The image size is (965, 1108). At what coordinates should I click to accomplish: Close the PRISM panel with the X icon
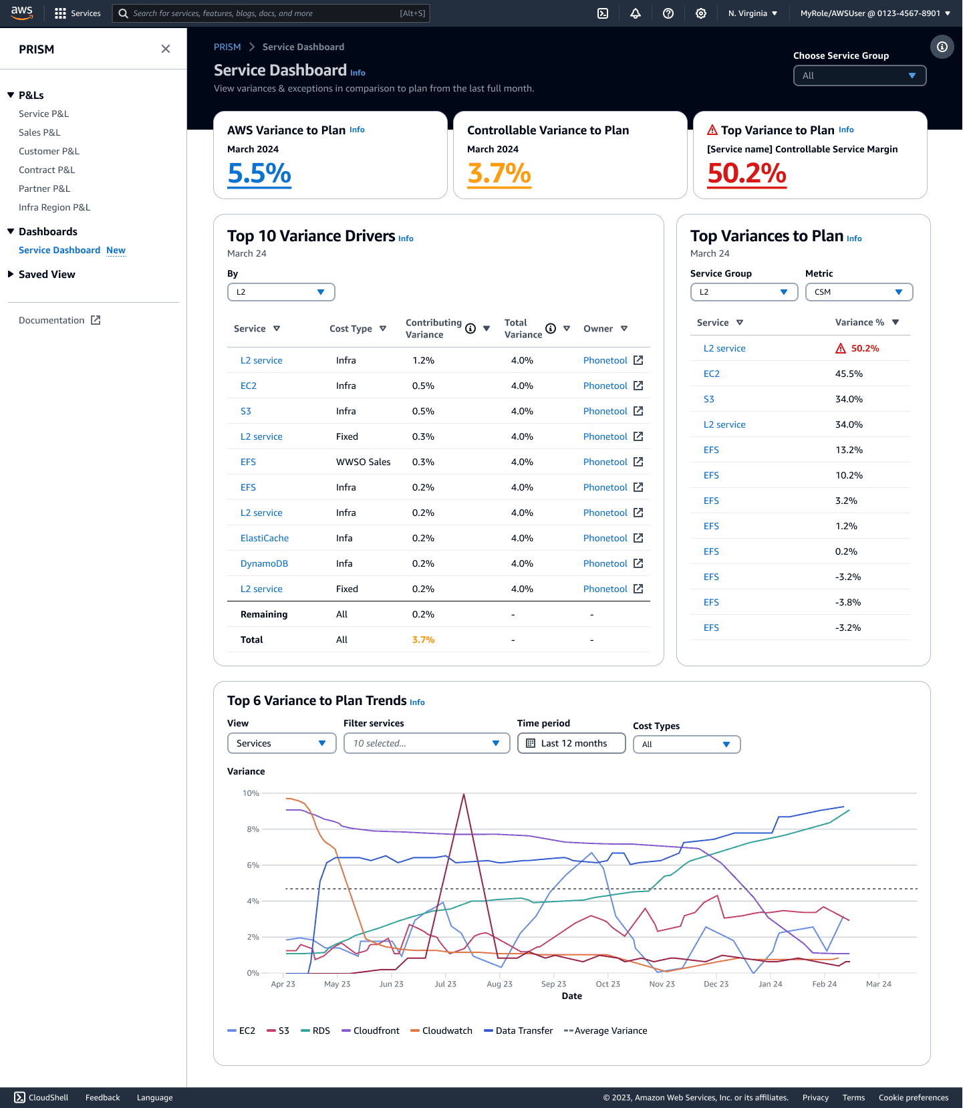coord(166,49)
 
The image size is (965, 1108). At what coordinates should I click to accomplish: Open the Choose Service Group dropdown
coord(859,76)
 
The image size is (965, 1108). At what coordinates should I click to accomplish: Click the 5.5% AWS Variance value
coord(259,174)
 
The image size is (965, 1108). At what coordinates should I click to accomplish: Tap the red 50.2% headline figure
coord(747,174)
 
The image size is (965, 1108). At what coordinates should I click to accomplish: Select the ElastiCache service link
coord(265,538)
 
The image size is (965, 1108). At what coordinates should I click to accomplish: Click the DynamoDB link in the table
coord(264,563)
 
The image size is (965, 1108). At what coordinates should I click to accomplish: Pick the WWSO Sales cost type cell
coord(364,462)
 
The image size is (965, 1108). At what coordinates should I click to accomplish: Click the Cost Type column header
coord(351,329)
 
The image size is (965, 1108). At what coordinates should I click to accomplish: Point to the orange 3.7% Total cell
coord(423,640)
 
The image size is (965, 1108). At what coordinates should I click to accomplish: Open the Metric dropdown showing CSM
coord(859,292)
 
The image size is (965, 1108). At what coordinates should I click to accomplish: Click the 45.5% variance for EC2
coord(849,374)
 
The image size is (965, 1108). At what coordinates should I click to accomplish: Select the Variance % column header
coord(859,322)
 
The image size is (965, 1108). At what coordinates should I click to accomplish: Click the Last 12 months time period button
coord(571,743)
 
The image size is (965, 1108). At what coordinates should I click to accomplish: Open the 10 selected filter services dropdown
coord(426,743)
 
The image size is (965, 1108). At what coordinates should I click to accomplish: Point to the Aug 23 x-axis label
coord(500,984)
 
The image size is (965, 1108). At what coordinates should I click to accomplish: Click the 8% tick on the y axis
coord(253,829)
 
